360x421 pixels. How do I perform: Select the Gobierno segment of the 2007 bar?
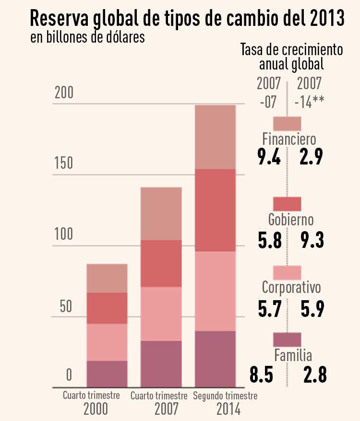point(161,263)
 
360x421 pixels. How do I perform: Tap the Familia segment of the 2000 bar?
point(107,374)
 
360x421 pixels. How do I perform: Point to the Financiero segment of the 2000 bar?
point(107,278)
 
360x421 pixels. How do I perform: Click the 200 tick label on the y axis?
point(63,93)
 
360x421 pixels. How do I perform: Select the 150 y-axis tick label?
point(63,163)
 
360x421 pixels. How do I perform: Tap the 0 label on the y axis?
point(69,374)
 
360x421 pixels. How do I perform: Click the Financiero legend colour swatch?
point(287,123)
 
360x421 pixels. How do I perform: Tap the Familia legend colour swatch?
point(287,339)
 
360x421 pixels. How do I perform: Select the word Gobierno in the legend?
point(290,220)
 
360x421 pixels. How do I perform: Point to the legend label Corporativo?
point(291,287)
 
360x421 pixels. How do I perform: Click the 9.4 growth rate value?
point(269,157)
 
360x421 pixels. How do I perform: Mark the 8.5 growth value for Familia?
point(262,374)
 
